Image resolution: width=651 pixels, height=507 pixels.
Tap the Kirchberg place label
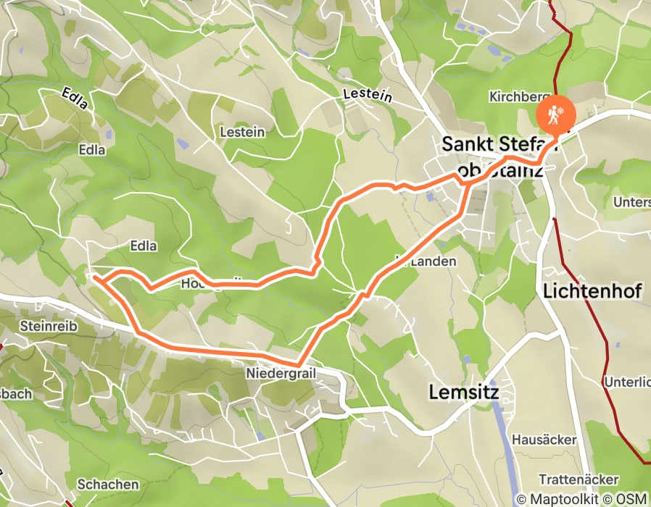pos(515,96)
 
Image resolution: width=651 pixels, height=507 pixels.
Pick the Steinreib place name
pos(48,326)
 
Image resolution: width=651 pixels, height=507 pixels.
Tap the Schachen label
pos(107,484)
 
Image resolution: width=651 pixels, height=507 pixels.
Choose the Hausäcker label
pos(544,440)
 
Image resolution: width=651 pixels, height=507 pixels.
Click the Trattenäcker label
pos(579,479)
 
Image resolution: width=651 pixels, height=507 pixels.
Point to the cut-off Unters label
pos(631,202)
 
